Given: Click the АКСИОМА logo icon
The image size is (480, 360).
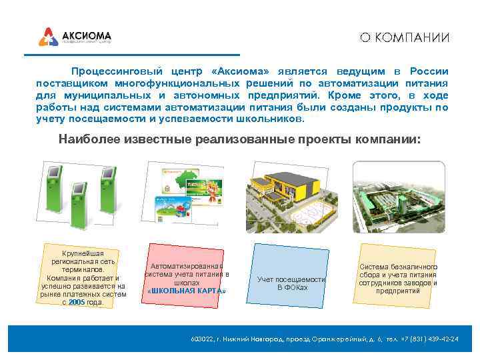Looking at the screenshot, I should [48, 36].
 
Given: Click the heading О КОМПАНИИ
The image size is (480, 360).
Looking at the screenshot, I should [405, 37].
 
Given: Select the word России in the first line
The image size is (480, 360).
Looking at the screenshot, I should [429, 71].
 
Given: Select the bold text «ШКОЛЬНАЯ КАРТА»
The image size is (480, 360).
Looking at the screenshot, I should [187, 291].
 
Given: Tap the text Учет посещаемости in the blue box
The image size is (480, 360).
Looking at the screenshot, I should [292, 279].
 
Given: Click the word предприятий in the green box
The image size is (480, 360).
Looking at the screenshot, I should [397, 291].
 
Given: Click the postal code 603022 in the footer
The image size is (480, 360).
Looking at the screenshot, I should [203, 339].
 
